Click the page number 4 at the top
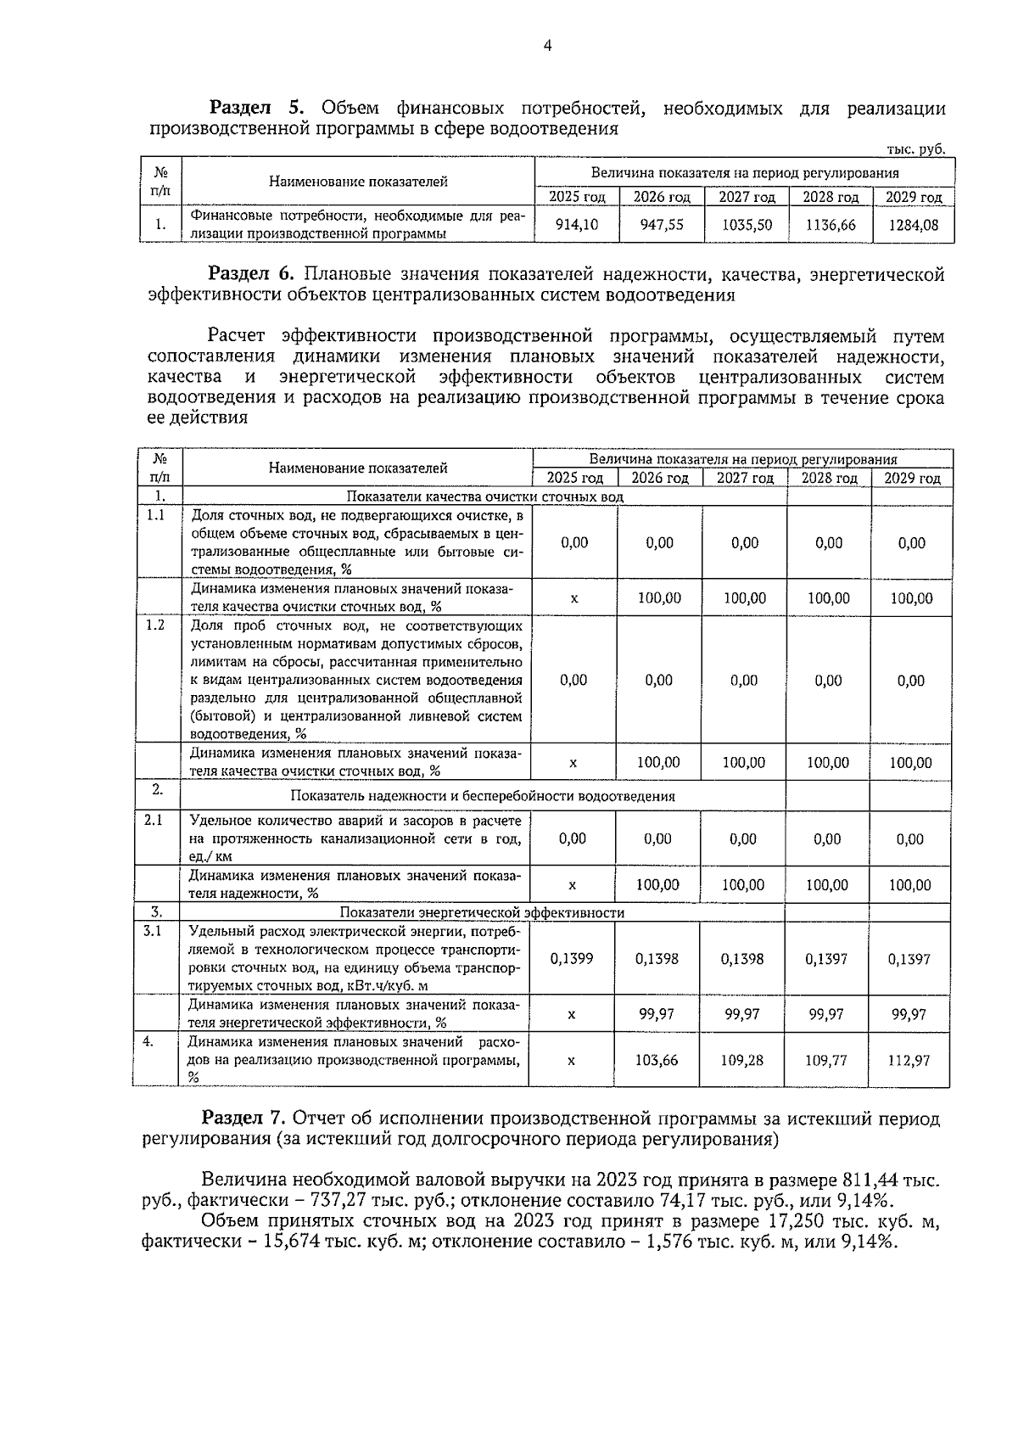click(547, 47)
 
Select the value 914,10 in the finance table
click(576, 225)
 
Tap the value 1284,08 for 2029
click(913, 225)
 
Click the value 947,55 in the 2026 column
click(662, 225)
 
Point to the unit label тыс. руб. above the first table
click(915, 149)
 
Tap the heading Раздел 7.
click(245, 1119)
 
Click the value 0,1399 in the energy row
click(572, 959)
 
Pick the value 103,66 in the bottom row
click(657, 1060)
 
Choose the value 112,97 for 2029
click(909, 1060)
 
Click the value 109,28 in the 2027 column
click(741, 1060)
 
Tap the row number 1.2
click(155, 625)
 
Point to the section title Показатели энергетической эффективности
click(482, 912)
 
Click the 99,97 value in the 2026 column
click(657, 1014)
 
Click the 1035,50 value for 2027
click(747, 225)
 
